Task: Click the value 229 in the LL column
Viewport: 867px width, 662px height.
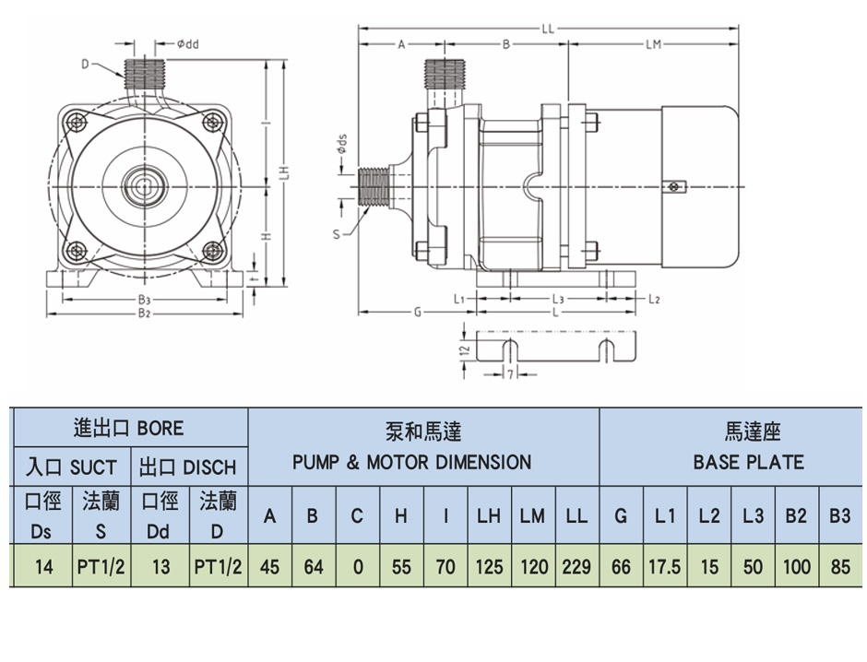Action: click(576, 566)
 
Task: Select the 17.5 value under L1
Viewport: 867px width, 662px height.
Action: click(664, 566)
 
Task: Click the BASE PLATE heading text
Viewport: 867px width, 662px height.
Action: click(748, 462)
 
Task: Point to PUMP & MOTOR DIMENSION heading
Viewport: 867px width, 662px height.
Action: click(411, 462)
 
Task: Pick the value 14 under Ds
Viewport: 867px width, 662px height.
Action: click(42, 566)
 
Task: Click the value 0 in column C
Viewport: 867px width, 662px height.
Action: click(357, 566)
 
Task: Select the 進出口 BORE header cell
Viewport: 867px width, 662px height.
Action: click(128, 428)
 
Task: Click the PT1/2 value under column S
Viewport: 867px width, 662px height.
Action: click(101, 566)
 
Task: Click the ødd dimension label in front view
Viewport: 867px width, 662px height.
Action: click(187, 43)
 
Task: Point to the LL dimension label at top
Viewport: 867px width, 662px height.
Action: click(548, 28)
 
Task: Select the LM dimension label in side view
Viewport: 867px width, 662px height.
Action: click(654, 43)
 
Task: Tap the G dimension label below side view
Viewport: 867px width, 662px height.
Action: click(418, 313)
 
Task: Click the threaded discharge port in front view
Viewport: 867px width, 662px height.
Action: click(143, 72)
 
